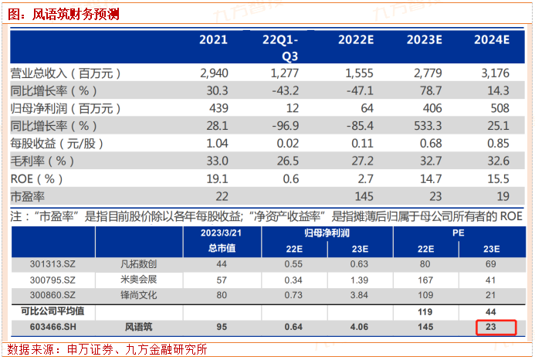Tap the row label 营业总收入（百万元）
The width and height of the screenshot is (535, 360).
[66, 73]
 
